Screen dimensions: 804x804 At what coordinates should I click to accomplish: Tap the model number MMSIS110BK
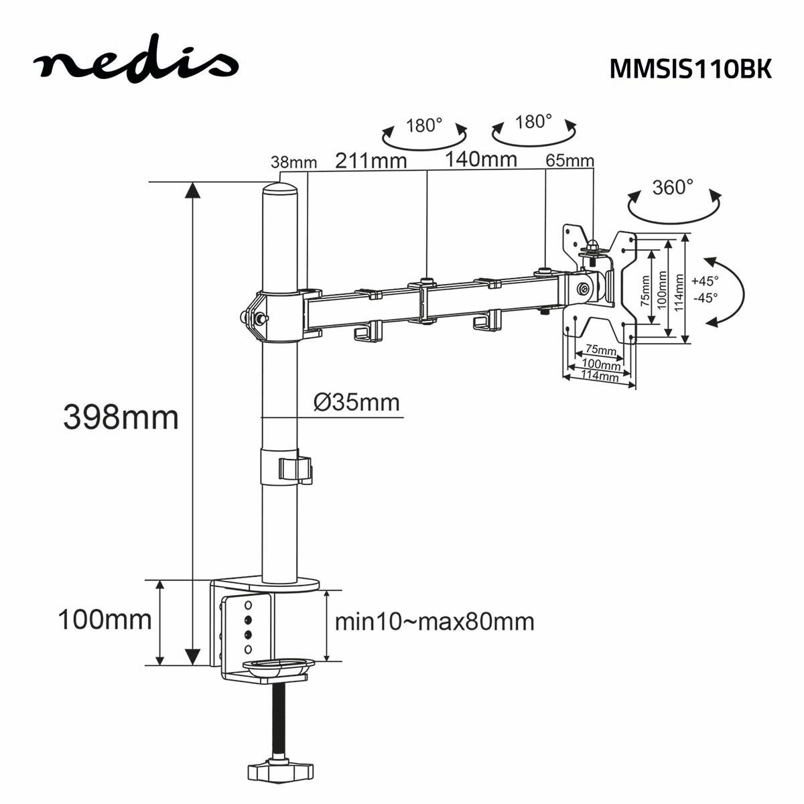690,69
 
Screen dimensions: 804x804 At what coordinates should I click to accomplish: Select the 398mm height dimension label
121,417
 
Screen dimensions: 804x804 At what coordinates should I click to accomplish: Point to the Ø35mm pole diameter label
356,403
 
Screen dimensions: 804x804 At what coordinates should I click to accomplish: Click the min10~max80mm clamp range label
434,622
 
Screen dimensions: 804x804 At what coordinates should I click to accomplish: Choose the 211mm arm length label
371,161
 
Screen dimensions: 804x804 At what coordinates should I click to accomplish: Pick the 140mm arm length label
481,159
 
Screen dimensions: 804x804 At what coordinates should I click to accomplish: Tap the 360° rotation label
673,187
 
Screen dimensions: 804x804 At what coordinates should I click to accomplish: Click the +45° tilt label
705,281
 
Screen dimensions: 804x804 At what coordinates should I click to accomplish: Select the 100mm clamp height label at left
105,620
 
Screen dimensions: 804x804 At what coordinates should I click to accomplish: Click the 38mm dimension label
293,162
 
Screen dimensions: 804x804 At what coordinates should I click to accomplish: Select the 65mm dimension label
569,161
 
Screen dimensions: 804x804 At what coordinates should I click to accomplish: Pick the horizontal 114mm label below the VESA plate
599,377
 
